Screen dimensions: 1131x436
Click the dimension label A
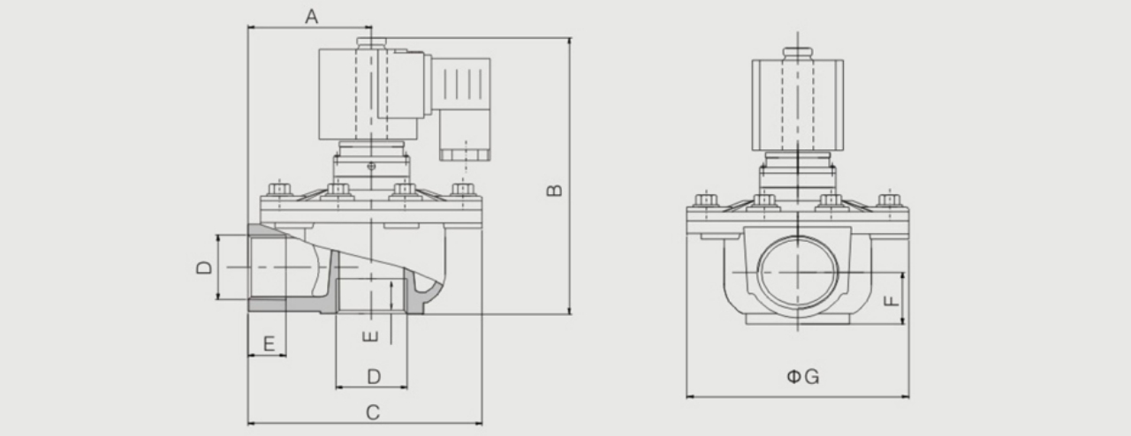312,17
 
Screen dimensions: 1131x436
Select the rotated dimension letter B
554,191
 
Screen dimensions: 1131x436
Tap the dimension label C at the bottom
373,412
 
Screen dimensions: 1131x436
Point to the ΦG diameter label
803,377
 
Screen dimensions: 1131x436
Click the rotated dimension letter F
892,300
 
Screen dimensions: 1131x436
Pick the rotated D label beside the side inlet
204,267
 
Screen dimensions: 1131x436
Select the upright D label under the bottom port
374,377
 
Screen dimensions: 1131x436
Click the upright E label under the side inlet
269,343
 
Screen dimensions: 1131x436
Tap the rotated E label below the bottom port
370,336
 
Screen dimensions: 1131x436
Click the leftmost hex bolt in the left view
279,189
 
